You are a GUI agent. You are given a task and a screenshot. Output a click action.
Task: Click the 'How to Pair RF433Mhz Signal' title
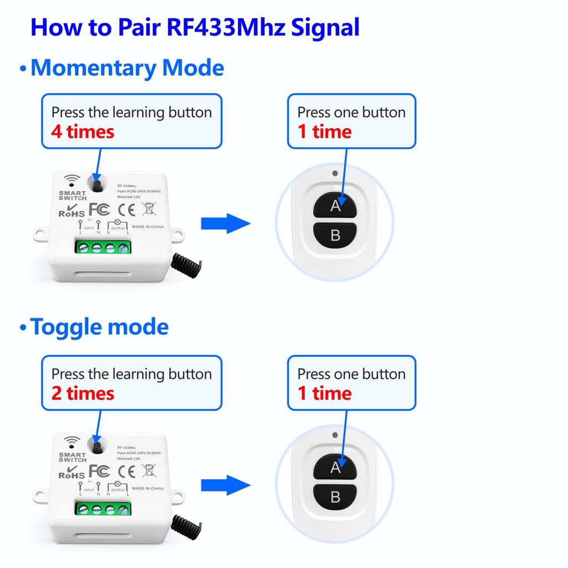(195, 28)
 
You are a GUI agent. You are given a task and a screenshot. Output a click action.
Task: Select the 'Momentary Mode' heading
(127, 68)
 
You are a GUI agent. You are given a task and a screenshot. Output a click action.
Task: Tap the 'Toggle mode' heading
(99, 327)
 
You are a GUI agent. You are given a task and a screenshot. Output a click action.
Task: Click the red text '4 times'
(83, 132)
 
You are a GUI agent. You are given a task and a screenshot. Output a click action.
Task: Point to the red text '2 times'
(83, 394)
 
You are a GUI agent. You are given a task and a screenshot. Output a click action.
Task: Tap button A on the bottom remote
(336, 468)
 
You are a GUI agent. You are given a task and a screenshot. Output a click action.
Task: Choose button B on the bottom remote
(336, 496)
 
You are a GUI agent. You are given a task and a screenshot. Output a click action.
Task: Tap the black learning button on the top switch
(97, 186)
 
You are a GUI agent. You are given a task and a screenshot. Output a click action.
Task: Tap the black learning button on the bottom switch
(97, 447)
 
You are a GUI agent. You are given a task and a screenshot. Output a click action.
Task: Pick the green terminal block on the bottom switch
(103, 508)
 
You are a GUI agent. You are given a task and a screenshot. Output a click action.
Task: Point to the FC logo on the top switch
(99, 210)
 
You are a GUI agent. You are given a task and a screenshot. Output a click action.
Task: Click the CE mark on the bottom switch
(127, 471)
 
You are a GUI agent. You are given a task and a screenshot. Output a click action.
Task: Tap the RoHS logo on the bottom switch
(72, 474)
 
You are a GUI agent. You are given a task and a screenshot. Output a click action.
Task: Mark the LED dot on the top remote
(335, 173)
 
